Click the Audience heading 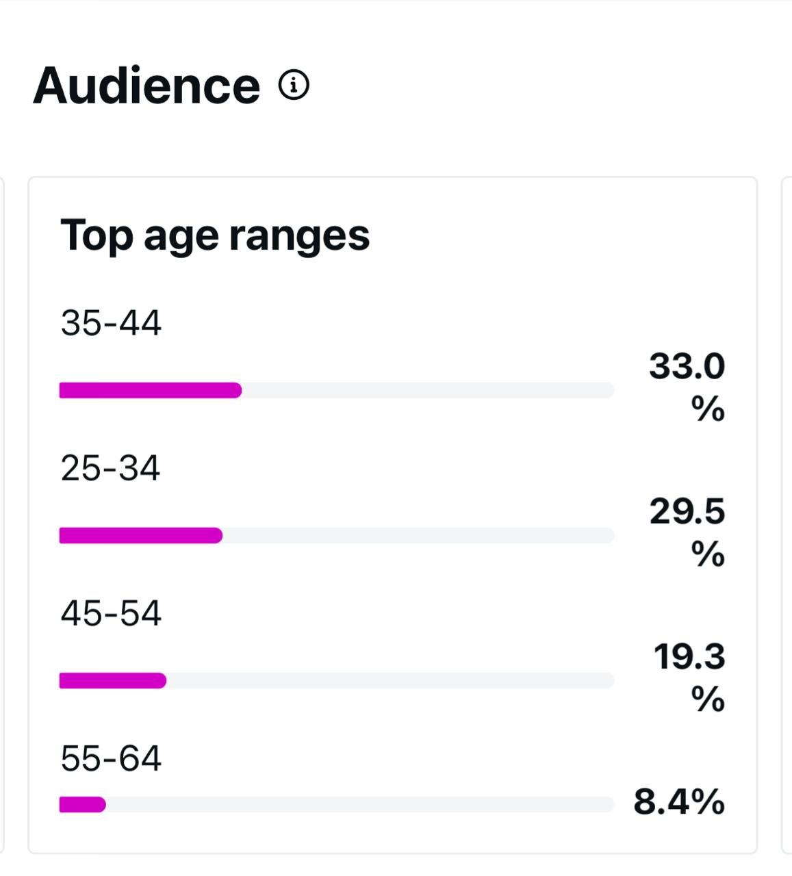146,86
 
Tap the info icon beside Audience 294,85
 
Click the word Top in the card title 97,236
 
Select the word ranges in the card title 299,236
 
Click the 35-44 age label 111,323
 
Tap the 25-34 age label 110,468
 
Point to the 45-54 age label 111,613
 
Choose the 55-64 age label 111,758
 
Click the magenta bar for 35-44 151,391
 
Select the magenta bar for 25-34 141,536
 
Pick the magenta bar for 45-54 113,681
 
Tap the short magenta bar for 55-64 83,805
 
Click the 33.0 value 687,366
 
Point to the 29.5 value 687,511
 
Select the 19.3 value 689,656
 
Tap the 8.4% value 678,801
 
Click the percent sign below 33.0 708,409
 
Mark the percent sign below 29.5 708,554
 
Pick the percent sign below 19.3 708,699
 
